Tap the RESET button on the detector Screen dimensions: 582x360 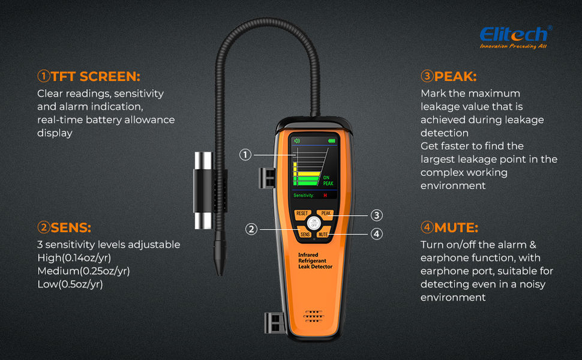coord(302,214)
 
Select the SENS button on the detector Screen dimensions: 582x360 coord(305,234)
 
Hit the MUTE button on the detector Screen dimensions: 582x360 coord(323,234)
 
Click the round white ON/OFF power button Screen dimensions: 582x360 coord(314,224)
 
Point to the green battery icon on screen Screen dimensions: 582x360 coord(332,141)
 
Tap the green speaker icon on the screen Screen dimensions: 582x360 coord(297,141)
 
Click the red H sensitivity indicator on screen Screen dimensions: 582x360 coord(325,195)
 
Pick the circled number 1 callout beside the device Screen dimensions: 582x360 coord(246,155)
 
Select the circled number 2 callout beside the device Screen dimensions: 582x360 coord(251,229)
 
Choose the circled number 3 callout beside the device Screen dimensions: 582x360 coord(376,215)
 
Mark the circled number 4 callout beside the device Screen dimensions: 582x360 coord(376,234)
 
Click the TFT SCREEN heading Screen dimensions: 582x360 coord(89,76)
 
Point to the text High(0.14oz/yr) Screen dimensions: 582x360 coord(74,258)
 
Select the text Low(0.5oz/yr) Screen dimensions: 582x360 coord(70,284)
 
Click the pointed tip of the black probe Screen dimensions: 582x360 coord(219,274)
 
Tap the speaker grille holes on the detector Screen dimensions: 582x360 coord(313,316)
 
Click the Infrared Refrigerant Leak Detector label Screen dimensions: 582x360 coord(315,261)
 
